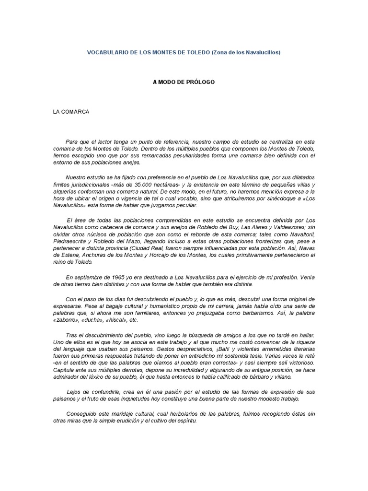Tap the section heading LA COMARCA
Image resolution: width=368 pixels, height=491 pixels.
tap(70, 112)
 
